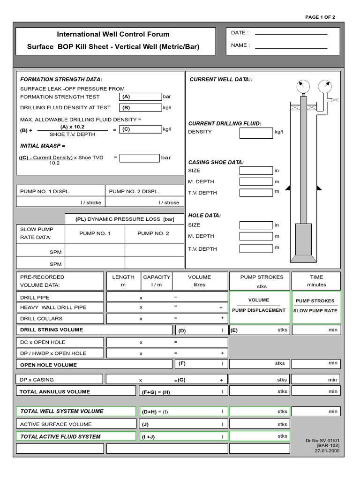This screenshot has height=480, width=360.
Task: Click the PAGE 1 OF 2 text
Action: [x=320, y=17]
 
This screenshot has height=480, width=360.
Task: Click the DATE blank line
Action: [x=291, y=34]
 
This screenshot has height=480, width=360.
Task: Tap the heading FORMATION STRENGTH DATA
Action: [x=61, y=80]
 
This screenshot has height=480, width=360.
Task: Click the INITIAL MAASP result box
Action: [x=139, y=158]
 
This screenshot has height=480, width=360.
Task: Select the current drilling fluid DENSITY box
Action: [x=256, y=133]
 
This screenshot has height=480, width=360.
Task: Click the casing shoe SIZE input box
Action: [x=256, y=171]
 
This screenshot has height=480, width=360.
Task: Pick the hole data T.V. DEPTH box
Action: [x=256, y=248]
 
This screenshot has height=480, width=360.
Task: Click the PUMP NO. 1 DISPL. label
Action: [x=45, y=191]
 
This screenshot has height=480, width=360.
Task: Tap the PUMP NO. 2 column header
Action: [x=153, y=233]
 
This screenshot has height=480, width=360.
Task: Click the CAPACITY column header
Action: [x=157, y=277]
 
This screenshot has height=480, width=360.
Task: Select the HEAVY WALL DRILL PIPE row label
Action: [x=53, y=307]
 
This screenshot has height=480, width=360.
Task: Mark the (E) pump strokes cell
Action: [x=259, y=330]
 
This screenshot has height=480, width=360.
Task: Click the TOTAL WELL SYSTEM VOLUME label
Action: [x=62, y=412]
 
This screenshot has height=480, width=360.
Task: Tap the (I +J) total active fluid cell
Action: [x=183, y=437]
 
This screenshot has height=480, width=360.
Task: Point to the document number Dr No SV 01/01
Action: [x=322, y=440]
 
